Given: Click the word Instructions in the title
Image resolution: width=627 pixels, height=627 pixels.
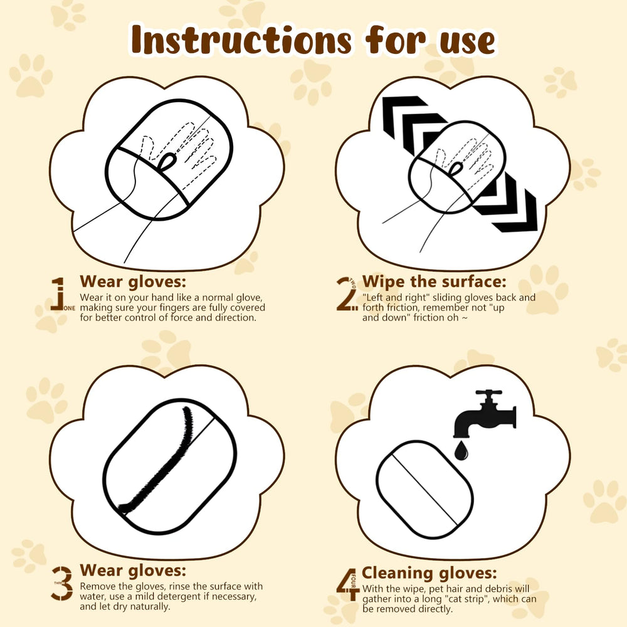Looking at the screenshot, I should click(241, 41).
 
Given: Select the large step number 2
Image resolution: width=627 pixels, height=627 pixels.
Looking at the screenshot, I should click(346, 295).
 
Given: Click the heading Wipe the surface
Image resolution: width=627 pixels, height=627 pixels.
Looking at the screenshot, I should click(434, 282).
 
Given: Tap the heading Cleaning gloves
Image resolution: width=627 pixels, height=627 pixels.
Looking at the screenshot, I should click(429, 572).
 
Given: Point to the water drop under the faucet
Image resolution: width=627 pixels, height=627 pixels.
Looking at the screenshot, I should click(461, 451).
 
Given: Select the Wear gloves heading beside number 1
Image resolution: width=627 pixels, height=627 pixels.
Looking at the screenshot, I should click(134, 280).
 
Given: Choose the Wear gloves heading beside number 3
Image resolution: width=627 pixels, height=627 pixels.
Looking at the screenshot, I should click(134, 571).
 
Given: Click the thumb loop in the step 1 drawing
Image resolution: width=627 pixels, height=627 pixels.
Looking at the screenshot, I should click(167, 162).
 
